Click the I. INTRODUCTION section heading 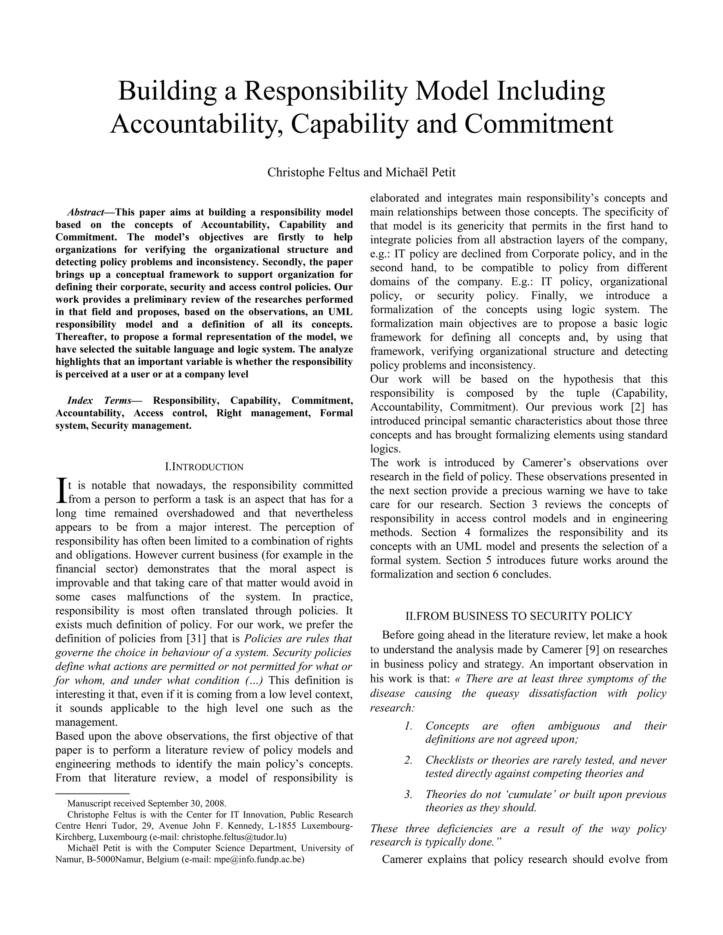pos(204,467)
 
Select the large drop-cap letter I pos(61,491)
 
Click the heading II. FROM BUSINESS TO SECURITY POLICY pos(519,616)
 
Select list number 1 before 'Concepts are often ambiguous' pos(408,726)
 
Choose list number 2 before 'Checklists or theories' pos(408,760)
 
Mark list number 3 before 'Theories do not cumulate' pos(408,794)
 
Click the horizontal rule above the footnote pos(92,794)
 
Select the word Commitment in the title pos(538,124)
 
